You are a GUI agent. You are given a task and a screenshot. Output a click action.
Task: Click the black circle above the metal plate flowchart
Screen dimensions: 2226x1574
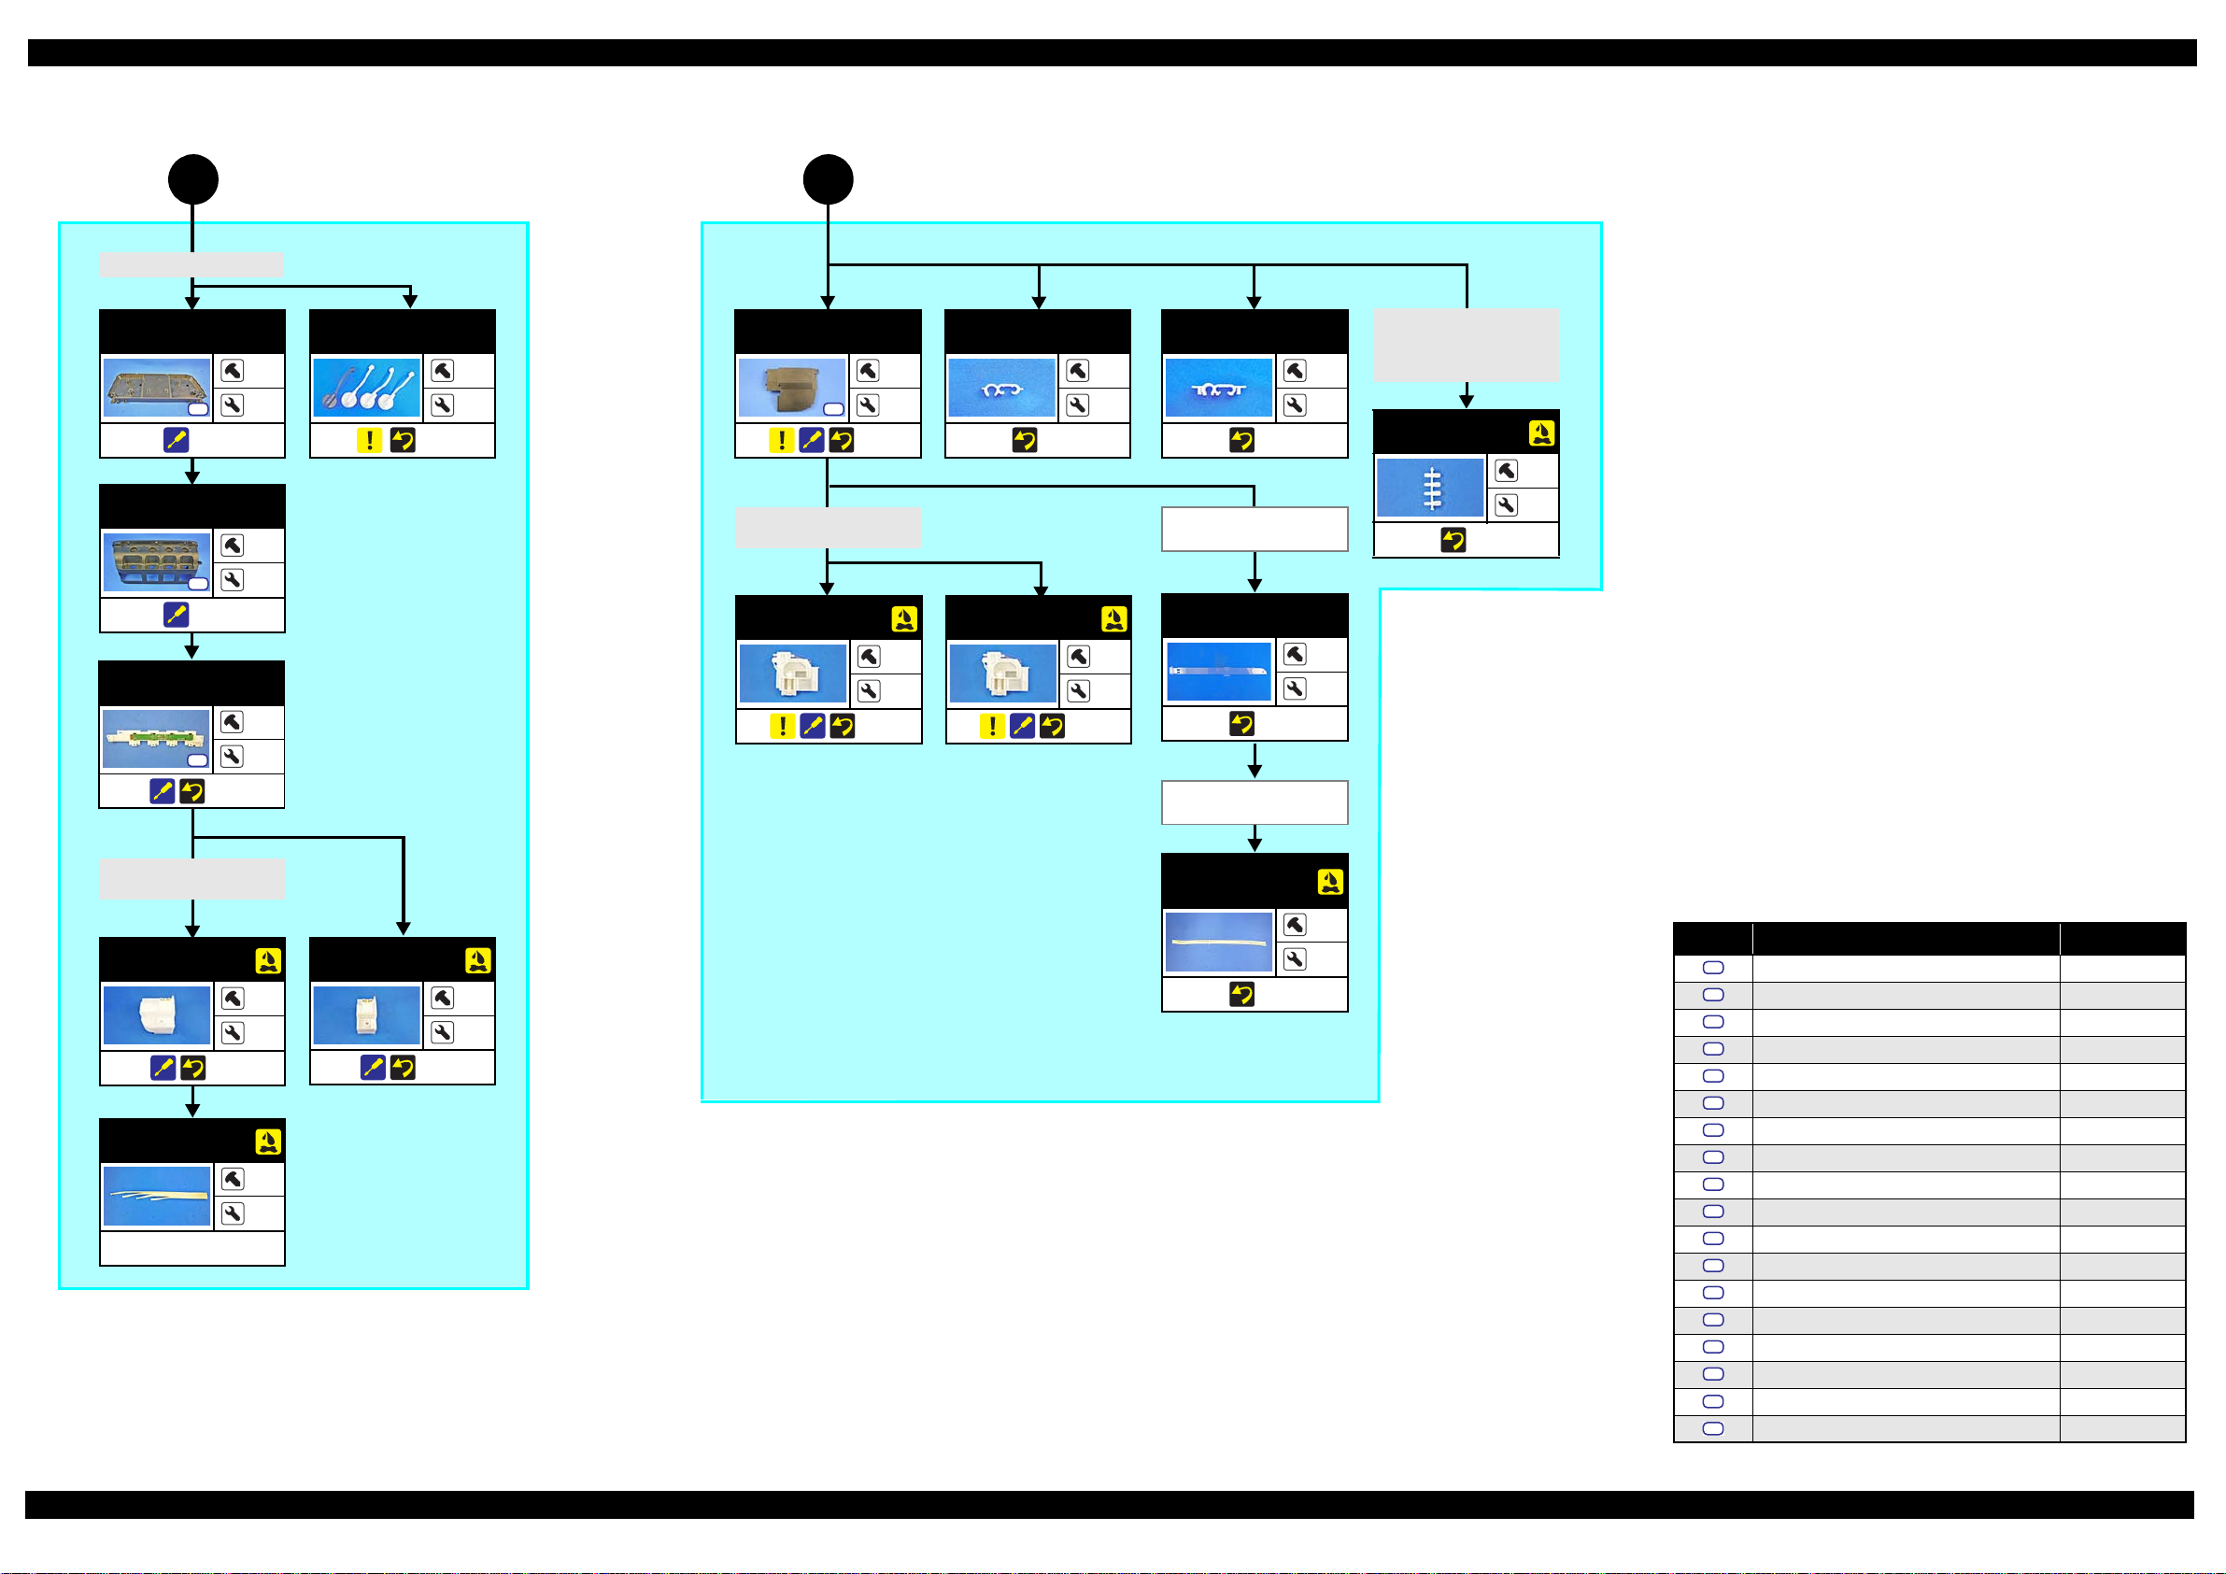click(193, 179)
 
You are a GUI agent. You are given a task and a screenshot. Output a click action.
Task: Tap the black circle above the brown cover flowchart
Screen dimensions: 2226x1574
click(828, 179)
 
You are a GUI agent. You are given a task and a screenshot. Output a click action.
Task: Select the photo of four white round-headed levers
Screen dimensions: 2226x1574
click(366, 387)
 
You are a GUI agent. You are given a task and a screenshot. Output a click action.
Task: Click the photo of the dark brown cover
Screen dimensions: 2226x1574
click(791, 387)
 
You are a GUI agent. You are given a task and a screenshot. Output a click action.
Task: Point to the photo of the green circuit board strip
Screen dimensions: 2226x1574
click(156, 738)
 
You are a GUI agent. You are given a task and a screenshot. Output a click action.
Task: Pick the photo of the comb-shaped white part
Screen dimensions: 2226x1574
click(1430, 488)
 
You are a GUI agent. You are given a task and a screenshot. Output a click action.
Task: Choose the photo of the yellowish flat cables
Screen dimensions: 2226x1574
click(156, 1196)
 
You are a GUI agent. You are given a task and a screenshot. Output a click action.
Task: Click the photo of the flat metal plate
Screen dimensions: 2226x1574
click(156, 387)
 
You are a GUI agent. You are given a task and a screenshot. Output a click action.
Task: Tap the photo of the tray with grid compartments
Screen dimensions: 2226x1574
click(156, 561)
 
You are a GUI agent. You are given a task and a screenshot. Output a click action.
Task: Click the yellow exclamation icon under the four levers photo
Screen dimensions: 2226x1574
click(369, 440)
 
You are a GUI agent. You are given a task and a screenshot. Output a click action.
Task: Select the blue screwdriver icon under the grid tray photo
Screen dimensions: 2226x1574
click(176, 615)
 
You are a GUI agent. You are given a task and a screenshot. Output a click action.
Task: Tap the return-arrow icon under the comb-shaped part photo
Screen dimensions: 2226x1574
click(1453, 540)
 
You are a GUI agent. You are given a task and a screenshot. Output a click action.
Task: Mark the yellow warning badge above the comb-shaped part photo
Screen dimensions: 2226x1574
click(1540, 433)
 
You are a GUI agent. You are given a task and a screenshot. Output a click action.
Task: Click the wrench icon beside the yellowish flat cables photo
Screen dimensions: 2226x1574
click(233, 1213)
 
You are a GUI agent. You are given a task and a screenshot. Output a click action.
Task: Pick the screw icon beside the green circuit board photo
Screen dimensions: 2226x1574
click(233, 721)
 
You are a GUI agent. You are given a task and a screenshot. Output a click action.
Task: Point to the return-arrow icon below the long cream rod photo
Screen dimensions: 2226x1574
click(1241, 994)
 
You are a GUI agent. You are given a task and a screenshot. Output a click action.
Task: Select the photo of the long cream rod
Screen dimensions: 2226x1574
click(1219, 942)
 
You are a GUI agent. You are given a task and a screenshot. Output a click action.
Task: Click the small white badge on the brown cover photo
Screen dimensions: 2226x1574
click(833, 409)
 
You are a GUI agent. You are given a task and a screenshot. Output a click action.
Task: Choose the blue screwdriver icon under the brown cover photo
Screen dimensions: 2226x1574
click(812, 440)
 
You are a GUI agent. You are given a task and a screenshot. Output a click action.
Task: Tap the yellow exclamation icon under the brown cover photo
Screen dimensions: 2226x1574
click(782, 440)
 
